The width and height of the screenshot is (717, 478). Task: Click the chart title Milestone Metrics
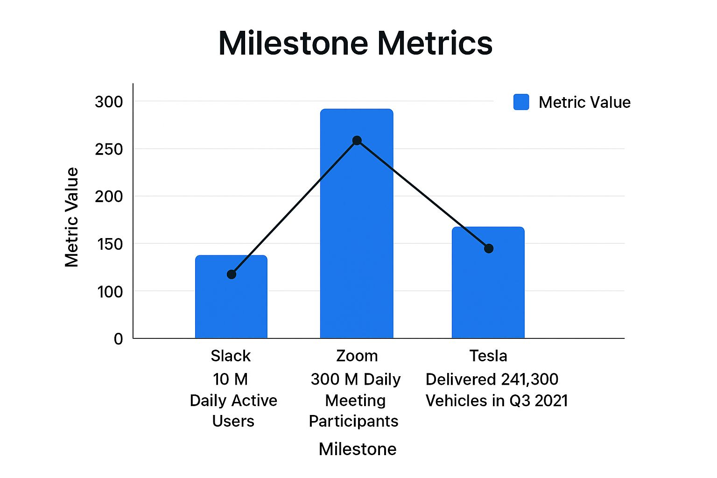pos(355,43)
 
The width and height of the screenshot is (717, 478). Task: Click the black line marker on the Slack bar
pos(232,274)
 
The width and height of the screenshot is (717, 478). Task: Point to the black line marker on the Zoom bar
pos(357,141)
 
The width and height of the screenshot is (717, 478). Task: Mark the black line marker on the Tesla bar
pos(489,248)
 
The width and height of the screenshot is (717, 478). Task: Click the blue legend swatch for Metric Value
pos(521,102)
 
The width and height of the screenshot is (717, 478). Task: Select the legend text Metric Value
pos(584,102)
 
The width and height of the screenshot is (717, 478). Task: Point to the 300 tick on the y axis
pos(109,102)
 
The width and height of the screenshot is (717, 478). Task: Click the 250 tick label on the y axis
pos(109,149)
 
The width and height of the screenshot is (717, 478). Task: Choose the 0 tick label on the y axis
pos(119,339)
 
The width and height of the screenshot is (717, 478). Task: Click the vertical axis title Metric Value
pos(72,217)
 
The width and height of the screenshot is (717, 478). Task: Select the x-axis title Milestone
pos(358,449)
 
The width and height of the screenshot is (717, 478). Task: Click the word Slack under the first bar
pos(231,356)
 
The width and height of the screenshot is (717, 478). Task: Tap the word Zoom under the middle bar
pos(357,356)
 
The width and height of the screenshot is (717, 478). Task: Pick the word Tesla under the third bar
pos(488,356)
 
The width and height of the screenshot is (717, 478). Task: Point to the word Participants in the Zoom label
pos(353,422)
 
